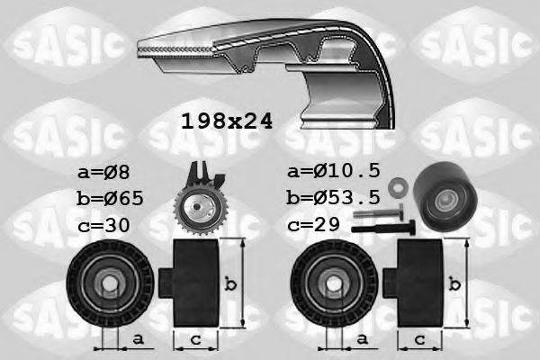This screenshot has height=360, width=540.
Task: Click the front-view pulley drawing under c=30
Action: (108, 286)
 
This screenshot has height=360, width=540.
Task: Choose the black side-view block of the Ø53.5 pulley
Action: (418, 286)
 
